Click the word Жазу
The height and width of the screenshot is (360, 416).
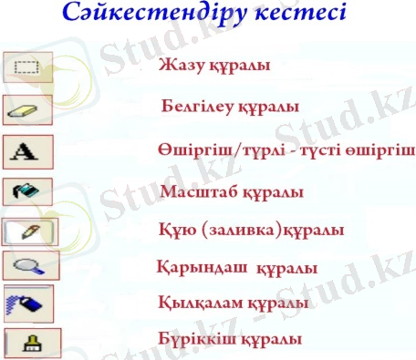[179, 66]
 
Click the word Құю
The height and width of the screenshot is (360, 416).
[174, 231]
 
